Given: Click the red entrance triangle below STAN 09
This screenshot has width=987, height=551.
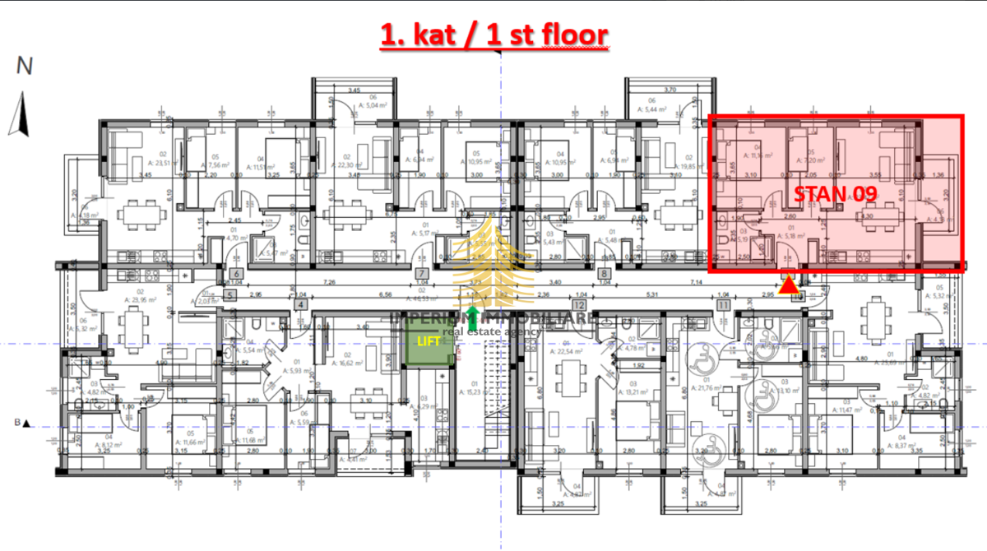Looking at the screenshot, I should click(x=788, y=285).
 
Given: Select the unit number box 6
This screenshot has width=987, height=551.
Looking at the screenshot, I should click(x=235, y=275).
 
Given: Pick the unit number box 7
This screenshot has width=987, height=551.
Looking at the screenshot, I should click(x=420, y=275).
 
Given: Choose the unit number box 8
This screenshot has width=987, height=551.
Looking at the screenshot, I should click(x=605, y=275).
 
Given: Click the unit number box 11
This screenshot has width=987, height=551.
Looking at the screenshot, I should click(x=723, y=304).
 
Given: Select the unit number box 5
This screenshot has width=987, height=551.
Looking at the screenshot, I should click(x=229, y=294).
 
